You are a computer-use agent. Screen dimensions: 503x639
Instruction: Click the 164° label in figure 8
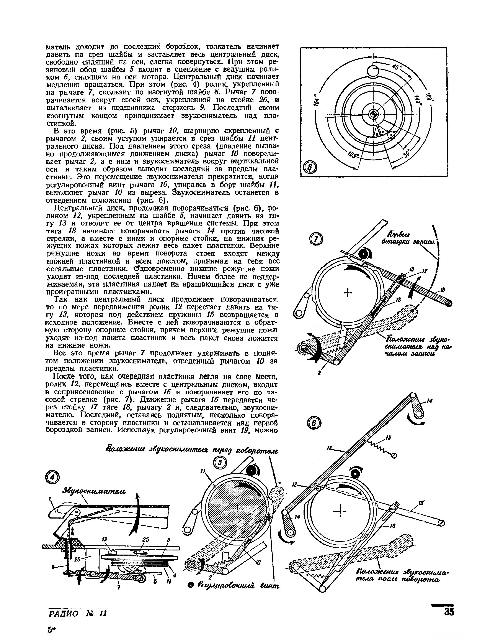click(317, 100)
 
